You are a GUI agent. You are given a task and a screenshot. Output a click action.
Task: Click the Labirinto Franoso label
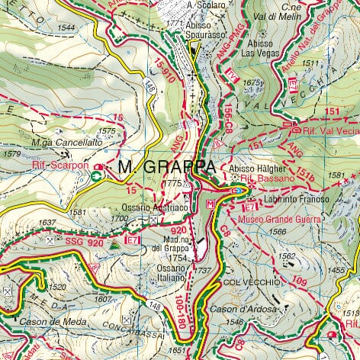click(297, 199)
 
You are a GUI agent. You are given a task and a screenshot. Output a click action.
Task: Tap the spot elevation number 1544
click(66, 28)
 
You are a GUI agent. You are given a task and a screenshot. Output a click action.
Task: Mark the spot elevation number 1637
click(47, 223)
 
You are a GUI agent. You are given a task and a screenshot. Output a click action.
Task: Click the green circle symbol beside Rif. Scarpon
click(97, 175)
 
